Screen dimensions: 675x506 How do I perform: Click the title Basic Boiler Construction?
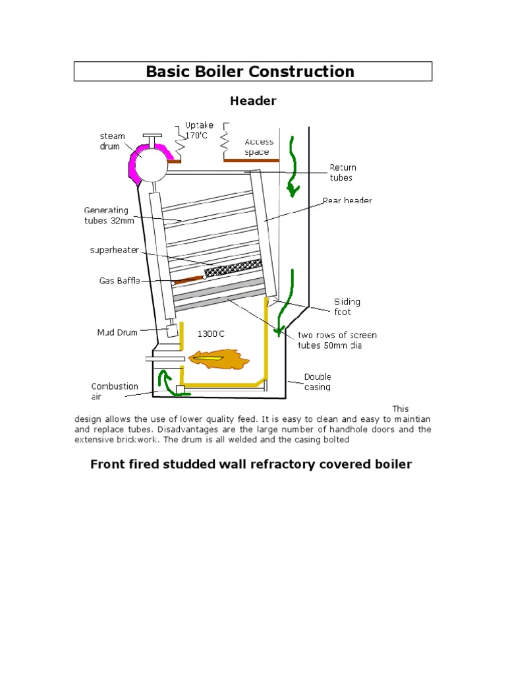250,71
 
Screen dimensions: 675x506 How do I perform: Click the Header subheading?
252,101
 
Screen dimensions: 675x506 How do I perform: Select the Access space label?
258,147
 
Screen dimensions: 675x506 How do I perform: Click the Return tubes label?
342,172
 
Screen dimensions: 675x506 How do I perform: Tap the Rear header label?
347,200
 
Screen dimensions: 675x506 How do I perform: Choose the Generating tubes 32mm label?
109,215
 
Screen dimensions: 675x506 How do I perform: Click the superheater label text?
115,250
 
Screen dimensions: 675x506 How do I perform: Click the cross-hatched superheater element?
233,268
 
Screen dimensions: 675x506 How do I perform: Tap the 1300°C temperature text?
211,334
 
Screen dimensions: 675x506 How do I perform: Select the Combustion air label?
114,392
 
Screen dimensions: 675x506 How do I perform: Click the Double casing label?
318,382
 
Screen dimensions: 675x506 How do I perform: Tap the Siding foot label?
347,307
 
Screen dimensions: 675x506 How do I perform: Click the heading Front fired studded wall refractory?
250,464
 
